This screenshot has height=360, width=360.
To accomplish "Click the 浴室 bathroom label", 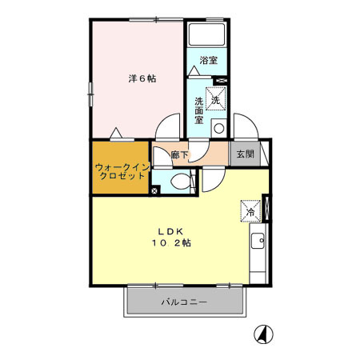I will click(209, 60).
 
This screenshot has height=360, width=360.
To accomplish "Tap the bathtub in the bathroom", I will click(207, 35).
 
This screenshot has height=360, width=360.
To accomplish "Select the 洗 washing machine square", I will click(215, 99).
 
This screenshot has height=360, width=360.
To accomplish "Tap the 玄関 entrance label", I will click(245, 154).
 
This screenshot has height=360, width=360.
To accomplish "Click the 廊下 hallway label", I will click(180, 154).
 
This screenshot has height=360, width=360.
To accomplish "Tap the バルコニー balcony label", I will click(183, 303).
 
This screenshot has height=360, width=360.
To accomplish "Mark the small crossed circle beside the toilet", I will click(154, 190).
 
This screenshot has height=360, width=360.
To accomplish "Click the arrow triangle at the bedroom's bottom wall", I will click(117, 134).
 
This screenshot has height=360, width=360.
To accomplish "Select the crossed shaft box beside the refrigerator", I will click(267, 210).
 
